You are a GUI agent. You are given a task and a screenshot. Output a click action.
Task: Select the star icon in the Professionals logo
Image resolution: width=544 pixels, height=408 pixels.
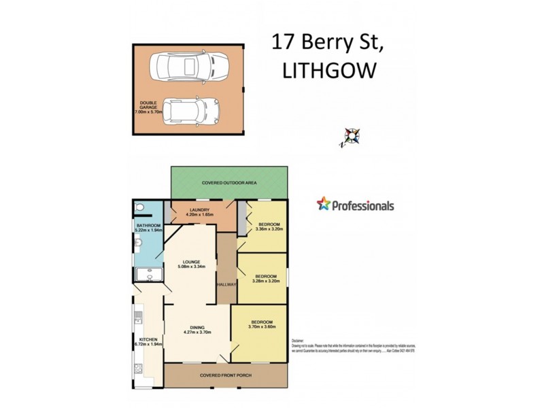tap(324, 204)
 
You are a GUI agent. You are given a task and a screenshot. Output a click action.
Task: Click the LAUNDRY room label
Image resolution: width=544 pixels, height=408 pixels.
tap(200, 209)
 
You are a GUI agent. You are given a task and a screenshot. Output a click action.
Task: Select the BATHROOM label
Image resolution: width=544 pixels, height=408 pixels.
tap(148, 225)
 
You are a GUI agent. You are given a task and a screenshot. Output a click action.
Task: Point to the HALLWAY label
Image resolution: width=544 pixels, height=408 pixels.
tap(226, 284)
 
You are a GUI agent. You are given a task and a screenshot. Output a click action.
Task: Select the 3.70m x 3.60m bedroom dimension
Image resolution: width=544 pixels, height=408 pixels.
tap(262, 327)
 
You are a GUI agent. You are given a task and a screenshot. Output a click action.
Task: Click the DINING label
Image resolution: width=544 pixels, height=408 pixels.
tap(199, 327)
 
